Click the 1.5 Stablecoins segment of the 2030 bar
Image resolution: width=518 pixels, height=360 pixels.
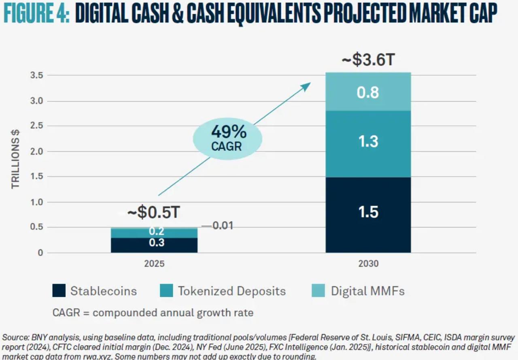click(x=368, y=215)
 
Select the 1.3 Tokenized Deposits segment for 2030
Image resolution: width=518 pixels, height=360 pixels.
click(x=368, y=144)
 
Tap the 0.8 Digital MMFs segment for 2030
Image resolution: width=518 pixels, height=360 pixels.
click(x=368, y=92)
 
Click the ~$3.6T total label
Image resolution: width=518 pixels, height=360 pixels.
click(x=368, y=60)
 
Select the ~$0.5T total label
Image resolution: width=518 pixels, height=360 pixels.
click(x=154, y=213)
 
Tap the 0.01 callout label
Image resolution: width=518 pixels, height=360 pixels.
click(x=223, y=226)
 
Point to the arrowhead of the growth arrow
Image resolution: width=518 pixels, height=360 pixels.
click(x=308, y=85)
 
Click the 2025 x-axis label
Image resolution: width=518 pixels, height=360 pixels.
click(x=154, y=264)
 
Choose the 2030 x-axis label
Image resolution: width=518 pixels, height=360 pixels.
click(x=368, y=264)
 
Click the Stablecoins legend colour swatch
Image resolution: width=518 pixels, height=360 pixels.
click(x=59, y=291)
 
